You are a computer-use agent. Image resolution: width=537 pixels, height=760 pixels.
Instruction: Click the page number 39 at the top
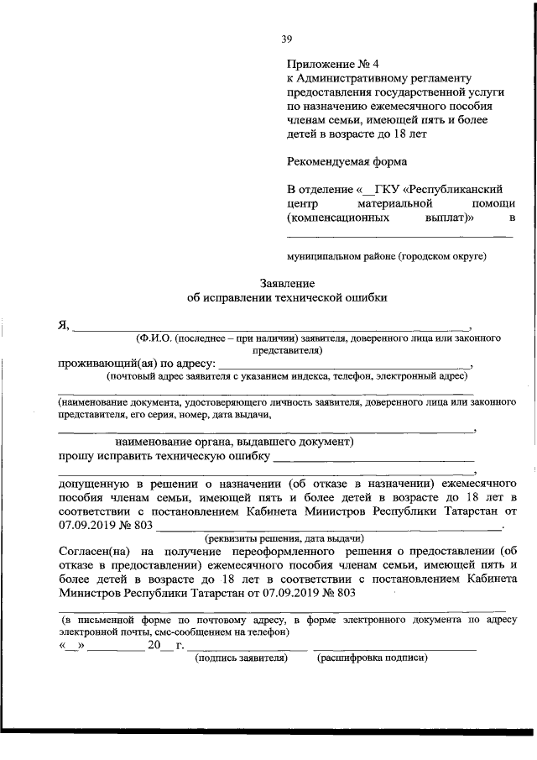click(x=286, y=38)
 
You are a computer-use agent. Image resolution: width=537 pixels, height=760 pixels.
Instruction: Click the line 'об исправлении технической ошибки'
click(x=286, y=297)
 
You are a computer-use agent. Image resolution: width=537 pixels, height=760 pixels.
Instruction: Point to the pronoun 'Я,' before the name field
click(x=63, y=326)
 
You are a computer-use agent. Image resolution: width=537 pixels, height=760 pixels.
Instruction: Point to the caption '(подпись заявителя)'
click(x=242, y=658)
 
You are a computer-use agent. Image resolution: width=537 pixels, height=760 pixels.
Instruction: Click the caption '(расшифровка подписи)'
click(x=371, y=658)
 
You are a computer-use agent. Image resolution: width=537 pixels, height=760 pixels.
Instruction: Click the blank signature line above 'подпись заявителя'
click(x=246, y=649)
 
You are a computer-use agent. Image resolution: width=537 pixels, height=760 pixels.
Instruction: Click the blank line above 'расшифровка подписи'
click(x=394, y=649)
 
